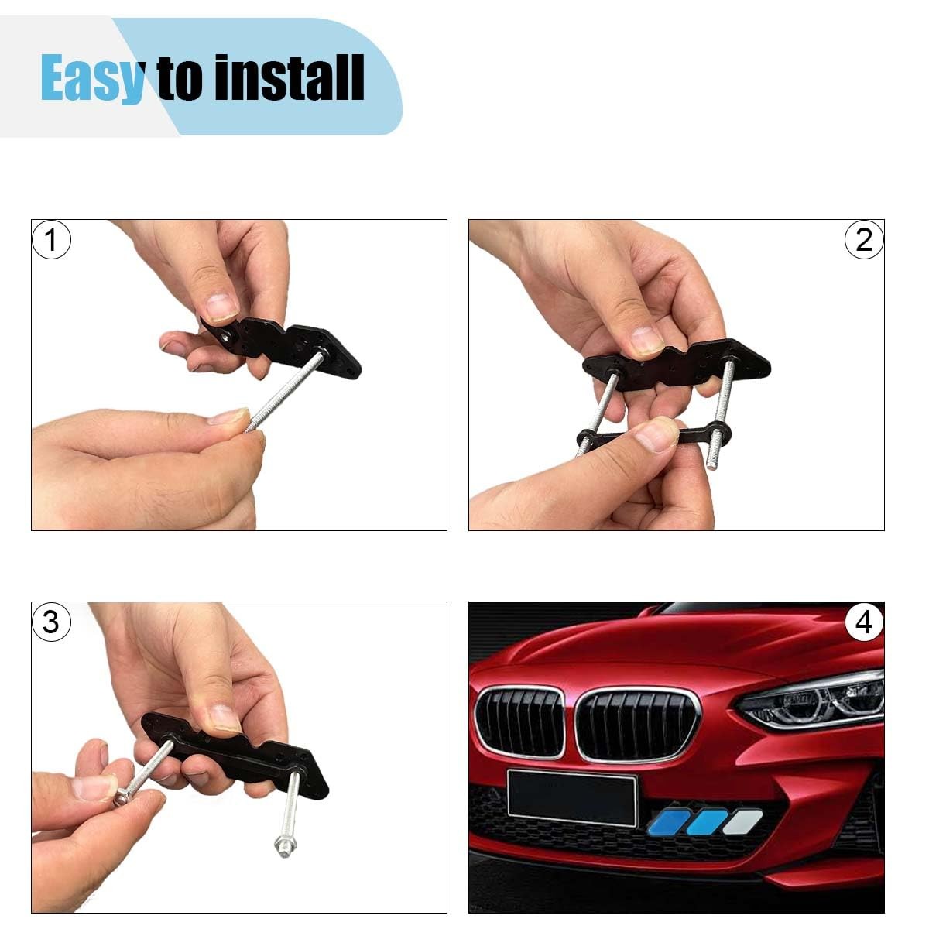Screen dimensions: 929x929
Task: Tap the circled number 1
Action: pos(51,239)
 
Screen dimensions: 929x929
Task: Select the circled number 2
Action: pos(863,239)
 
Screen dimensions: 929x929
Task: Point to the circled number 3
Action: pos(51,622)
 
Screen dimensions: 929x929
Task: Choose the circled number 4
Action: pos(863,622)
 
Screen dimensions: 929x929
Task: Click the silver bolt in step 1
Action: pos(284,389)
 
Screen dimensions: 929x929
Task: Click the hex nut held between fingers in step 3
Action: pos(122,799)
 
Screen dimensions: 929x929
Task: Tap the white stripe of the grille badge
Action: pos(742,822)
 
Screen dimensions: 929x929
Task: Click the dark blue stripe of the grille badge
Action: pos(667,822)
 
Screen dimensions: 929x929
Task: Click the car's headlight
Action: pos(812,701)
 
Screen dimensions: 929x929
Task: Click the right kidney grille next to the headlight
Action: pos(637,725)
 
